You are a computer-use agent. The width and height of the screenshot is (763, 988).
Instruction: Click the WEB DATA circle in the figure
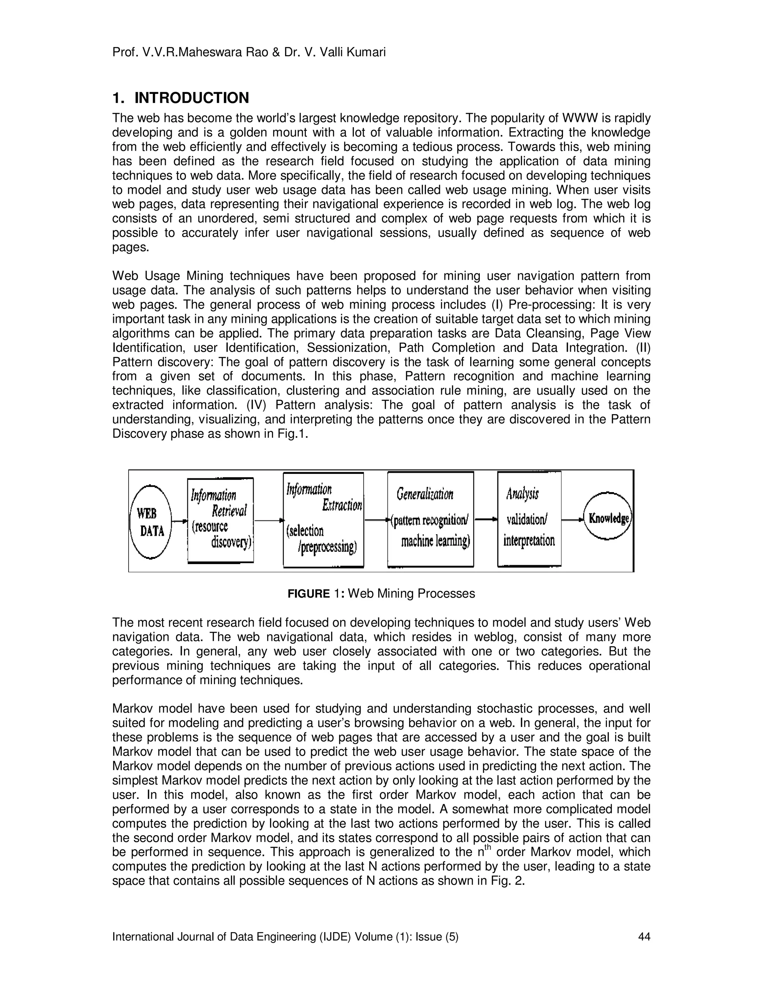tap(151, 521)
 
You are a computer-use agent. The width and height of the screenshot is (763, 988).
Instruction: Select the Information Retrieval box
tap(221, 520)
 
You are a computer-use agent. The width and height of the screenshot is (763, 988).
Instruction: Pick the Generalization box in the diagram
tap(431, 519)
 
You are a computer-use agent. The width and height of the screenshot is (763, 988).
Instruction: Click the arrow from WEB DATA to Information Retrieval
tap(180, 521)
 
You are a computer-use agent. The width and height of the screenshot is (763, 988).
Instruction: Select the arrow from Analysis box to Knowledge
tap(572, 519)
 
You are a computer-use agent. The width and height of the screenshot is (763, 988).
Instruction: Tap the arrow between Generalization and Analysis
tap(486, 519)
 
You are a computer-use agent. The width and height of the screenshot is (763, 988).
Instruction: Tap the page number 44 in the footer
tap(644, 937)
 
